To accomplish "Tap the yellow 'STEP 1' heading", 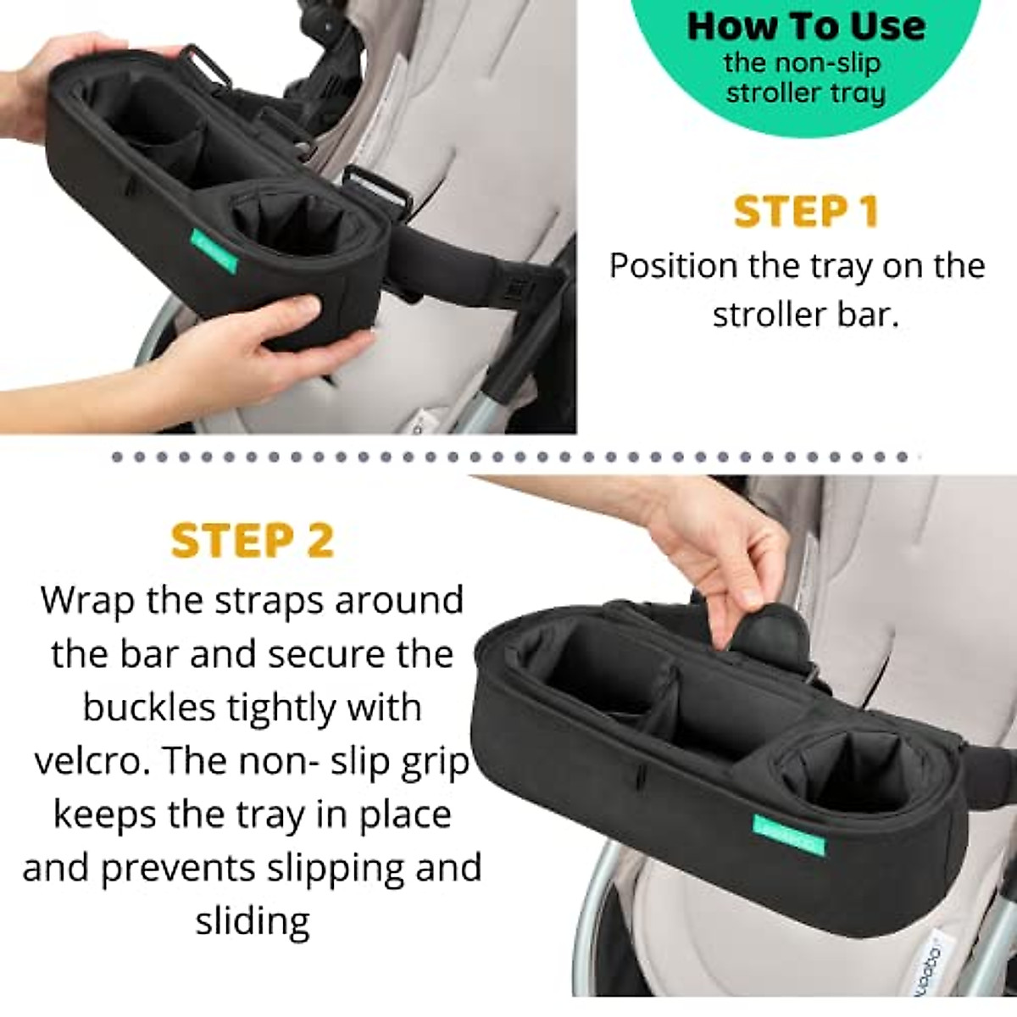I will tap(806, 211).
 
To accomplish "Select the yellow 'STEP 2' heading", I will tap(253, 540).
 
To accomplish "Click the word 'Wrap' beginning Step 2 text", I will tap(93, 600).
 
